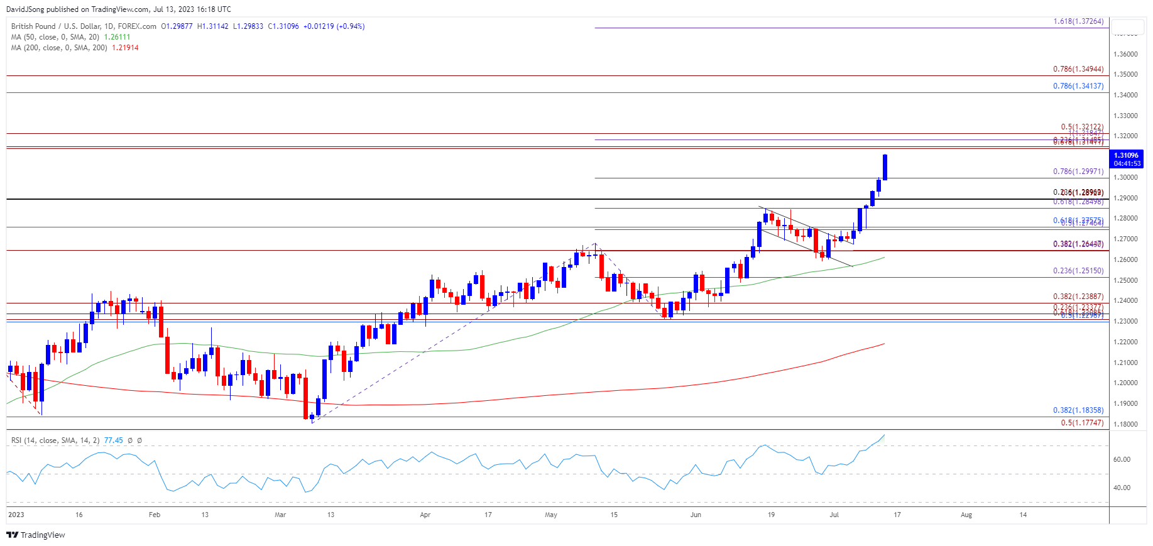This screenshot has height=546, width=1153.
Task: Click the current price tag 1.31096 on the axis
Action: pos(1125,155)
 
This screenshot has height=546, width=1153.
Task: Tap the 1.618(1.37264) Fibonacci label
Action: pos(1078,21)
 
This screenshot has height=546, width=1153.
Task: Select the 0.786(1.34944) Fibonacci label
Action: pos(1078,69)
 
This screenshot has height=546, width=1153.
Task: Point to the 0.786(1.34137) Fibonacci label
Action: pos(1078,86)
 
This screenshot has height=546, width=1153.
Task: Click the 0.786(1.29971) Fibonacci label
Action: pos(1078,172)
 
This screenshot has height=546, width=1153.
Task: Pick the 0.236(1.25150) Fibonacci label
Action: pos(1078,271)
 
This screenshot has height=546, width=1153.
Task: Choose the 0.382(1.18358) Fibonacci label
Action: pos(1078,410)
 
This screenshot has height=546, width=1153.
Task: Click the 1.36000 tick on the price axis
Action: pos(1125,54)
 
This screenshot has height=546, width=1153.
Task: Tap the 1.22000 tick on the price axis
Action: pos(1125,342)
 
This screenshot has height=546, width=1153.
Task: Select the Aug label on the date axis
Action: pos(966,515)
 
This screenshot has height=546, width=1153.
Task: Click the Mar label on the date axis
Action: pos(280,515)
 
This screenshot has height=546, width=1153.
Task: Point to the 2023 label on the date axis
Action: pos(16,515)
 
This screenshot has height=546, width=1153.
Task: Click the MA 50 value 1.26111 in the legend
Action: pos(117,37)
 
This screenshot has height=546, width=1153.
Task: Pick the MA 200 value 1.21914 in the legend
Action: pos(125,48)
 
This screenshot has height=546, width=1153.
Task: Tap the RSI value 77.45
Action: pos(113,440)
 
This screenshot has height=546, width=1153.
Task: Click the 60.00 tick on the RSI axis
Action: pos(1122,459)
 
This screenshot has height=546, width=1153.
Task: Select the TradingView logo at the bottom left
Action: pos(36,535)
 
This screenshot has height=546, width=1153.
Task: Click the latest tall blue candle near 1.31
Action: pos(885,167)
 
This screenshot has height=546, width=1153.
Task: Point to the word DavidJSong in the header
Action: pos(25,9)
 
